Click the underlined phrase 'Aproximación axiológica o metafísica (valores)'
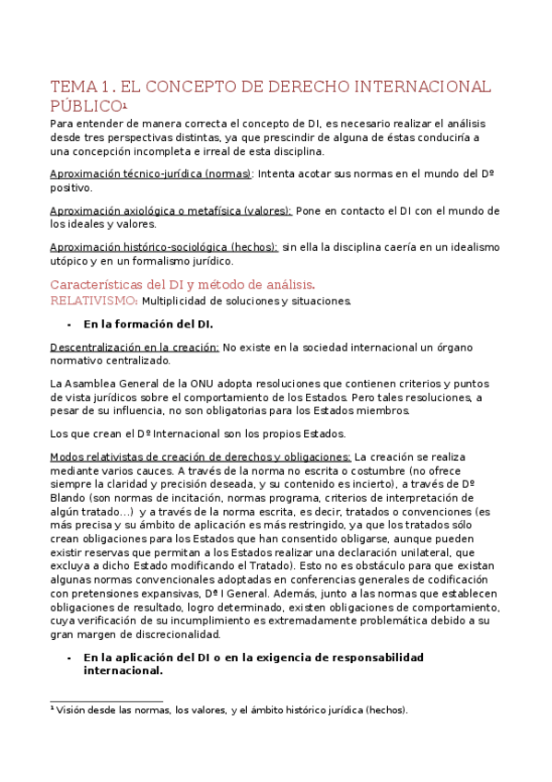coord(170,210)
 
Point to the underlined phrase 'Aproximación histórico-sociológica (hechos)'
coord(164,247)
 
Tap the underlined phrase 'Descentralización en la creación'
coord(134,348)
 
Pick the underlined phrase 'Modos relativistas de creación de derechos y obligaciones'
coord(200,457)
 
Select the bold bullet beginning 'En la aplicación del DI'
coord(253,658)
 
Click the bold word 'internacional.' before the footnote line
coord(123,671)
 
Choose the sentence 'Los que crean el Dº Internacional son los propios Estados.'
coord(198,433)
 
